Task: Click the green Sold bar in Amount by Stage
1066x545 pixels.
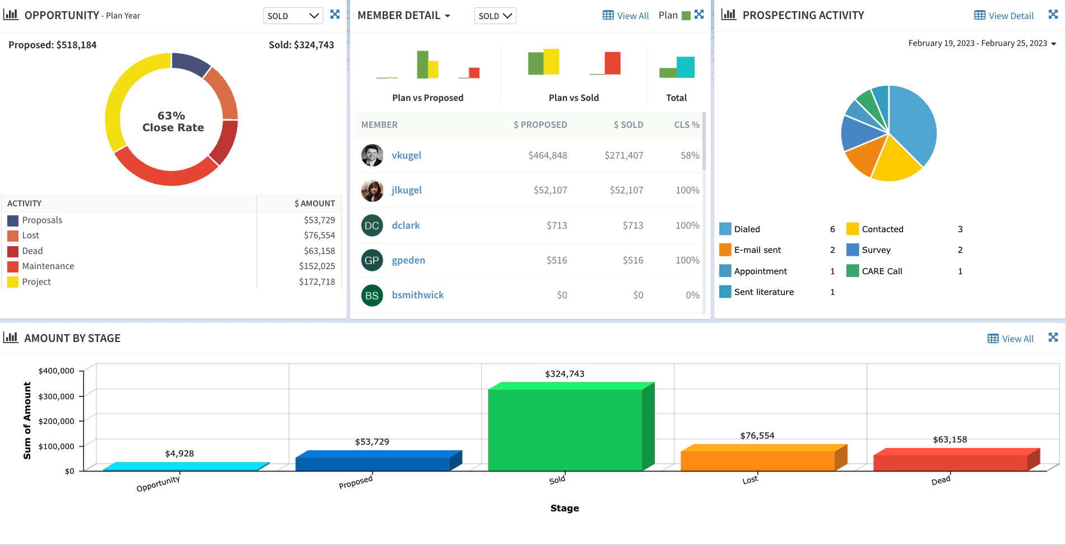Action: (565, 429)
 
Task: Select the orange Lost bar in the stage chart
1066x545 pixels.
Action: (757, 460)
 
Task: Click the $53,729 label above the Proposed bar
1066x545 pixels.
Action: (372, 442)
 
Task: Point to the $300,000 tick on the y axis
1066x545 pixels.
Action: (56, 396)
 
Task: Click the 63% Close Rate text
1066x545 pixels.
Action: (172, 122)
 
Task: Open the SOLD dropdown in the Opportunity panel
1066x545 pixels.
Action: (292, 16)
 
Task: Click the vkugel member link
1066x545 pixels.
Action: (406, 155)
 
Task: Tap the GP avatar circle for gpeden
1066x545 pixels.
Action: (372, 260)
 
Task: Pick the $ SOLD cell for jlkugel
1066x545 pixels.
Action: (626, 190)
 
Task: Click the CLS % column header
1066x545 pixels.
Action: (686, 124)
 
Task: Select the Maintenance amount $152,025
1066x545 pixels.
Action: (316, 266)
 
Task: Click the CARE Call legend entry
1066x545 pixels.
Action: (882, 271)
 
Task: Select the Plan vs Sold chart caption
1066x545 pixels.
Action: (574, 98)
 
